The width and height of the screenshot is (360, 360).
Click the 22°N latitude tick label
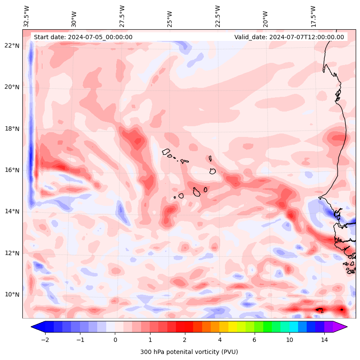tap(12, 46)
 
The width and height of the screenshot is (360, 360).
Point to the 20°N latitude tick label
tap(12, 87)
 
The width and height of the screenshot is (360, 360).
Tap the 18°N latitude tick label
tap(12, 129)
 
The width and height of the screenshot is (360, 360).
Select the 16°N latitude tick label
tap(12, 170)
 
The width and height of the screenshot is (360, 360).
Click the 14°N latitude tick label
tap(12, 211)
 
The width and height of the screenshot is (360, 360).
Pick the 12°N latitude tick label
tap(12, 253)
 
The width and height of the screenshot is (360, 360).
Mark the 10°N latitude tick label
tap(12, 295)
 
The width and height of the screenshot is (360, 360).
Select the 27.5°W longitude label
tap(122, 16)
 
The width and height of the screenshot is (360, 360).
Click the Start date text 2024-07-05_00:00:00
tap(83, 37)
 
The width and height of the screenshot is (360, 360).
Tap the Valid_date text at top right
tap(289, 37)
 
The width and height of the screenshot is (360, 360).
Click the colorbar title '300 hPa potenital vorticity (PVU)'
tap(189, 352)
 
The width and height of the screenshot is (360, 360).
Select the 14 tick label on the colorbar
tap(324, 340)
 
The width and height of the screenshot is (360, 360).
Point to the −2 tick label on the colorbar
tap(45, 340)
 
